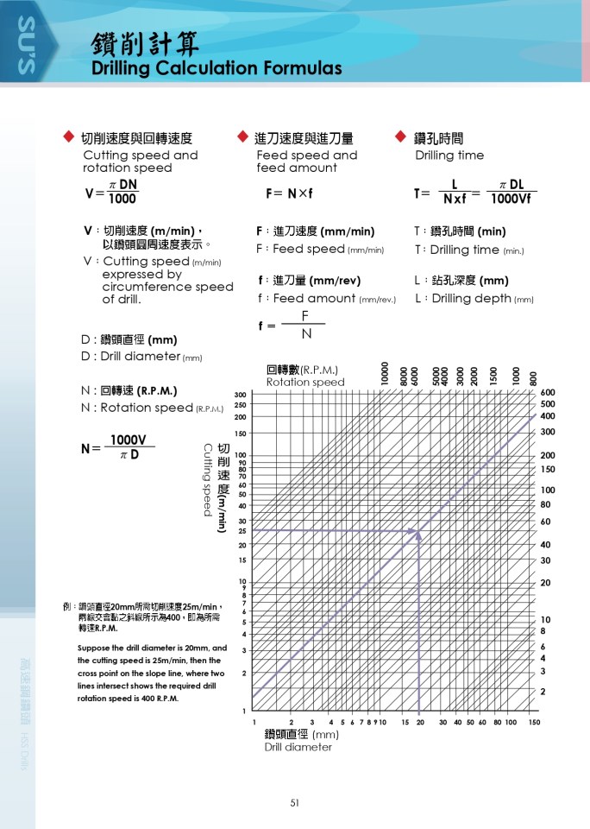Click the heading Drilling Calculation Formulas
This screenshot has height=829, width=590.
point(217,68)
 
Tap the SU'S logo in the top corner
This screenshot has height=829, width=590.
point(25,47)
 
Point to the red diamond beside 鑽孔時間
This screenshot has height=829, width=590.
point(400,136)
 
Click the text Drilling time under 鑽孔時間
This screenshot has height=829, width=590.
point(449,155)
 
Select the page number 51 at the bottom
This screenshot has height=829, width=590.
point(295,803)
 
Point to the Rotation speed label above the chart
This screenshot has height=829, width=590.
point(304,382)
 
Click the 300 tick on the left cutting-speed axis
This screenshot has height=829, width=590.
point(240,395)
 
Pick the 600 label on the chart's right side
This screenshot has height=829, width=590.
point(547,392)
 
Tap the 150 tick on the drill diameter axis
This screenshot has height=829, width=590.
point(534,722)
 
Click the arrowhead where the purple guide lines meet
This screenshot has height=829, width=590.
point(418,534)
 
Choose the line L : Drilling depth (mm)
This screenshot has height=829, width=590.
point(474,299)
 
